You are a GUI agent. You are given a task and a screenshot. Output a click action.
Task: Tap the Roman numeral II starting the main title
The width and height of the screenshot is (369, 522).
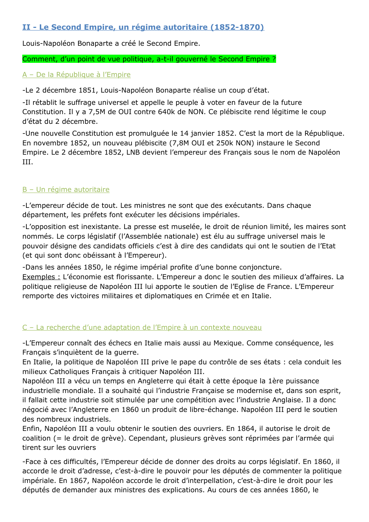(x=26, y=27)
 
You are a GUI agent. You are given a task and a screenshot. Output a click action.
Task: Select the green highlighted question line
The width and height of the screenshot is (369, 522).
(x=149, y=59)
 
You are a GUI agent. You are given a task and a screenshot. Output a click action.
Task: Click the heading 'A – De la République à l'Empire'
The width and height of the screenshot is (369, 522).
(x=77, y=75)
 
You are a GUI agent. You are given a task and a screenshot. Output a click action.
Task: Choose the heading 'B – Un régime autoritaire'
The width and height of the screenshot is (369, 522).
(x=66, y=190)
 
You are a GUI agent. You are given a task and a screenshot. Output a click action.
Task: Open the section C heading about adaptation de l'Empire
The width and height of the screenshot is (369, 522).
(x=142, y=328)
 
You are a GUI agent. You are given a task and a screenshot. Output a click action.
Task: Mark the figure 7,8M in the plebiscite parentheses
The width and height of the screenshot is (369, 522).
(x=180, y=143)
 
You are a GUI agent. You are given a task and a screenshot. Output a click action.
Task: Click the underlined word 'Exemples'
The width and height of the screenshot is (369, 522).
(x=41, y=277)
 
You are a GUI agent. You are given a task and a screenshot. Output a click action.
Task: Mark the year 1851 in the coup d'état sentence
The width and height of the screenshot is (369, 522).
(x=87, y=90)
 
